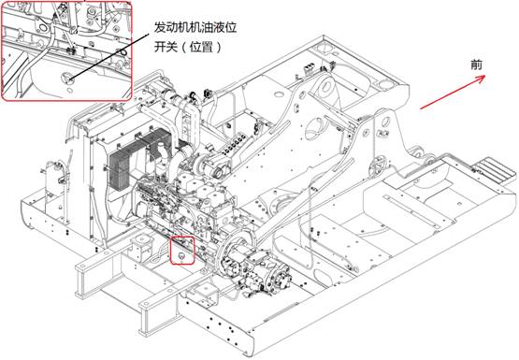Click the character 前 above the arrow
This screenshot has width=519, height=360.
tap(476, 65)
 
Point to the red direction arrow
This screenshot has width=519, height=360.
tap(453, 92)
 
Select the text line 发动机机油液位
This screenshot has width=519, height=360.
tap(195, 27)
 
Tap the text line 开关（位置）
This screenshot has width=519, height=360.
tap(188, 47)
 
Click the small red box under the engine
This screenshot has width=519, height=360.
tap(182, 251)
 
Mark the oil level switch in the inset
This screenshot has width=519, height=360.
tap(65, 78)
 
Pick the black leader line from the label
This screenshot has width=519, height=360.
tap(108, 55)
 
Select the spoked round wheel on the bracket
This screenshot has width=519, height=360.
tap(378, 166)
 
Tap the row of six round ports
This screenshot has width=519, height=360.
tap(235, 146)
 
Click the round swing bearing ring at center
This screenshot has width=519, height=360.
tap(281, 203)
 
